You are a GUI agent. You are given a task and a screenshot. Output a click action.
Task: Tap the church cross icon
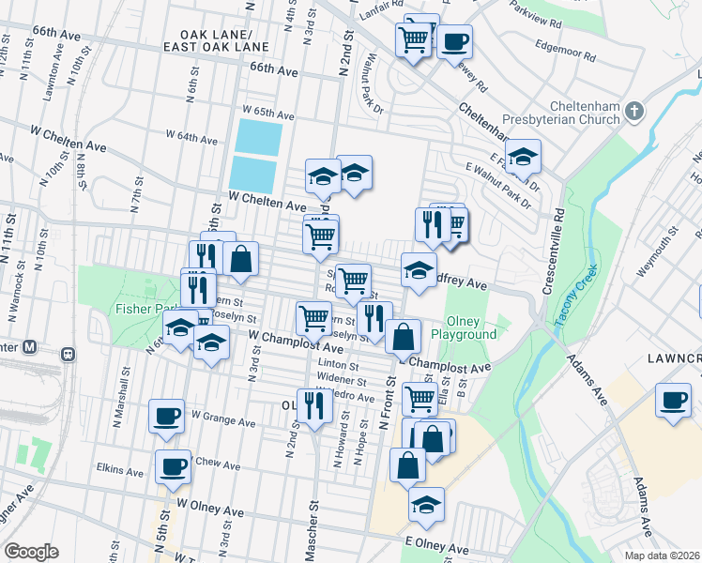[x=634, y=113]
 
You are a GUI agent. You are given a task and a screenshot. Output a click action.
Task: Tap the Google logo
[x=31, y=552]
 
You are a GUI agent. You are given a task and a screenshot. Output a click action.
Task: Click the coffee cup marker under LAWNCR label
[x=673, y=399]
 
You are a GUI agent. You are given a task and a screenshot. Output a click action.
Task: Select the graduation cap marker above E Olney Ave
[x=426, y=504]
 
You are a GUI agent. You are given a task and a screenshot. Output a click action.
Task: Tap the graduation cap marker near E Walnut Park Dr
[x=523, y=156]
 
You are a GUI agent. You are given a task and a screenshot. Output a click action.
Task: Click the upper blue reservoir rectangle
[x=258, y=138]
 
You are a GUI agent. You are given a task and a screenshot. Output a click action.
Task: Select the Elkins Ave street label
[x=117, y=466]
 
